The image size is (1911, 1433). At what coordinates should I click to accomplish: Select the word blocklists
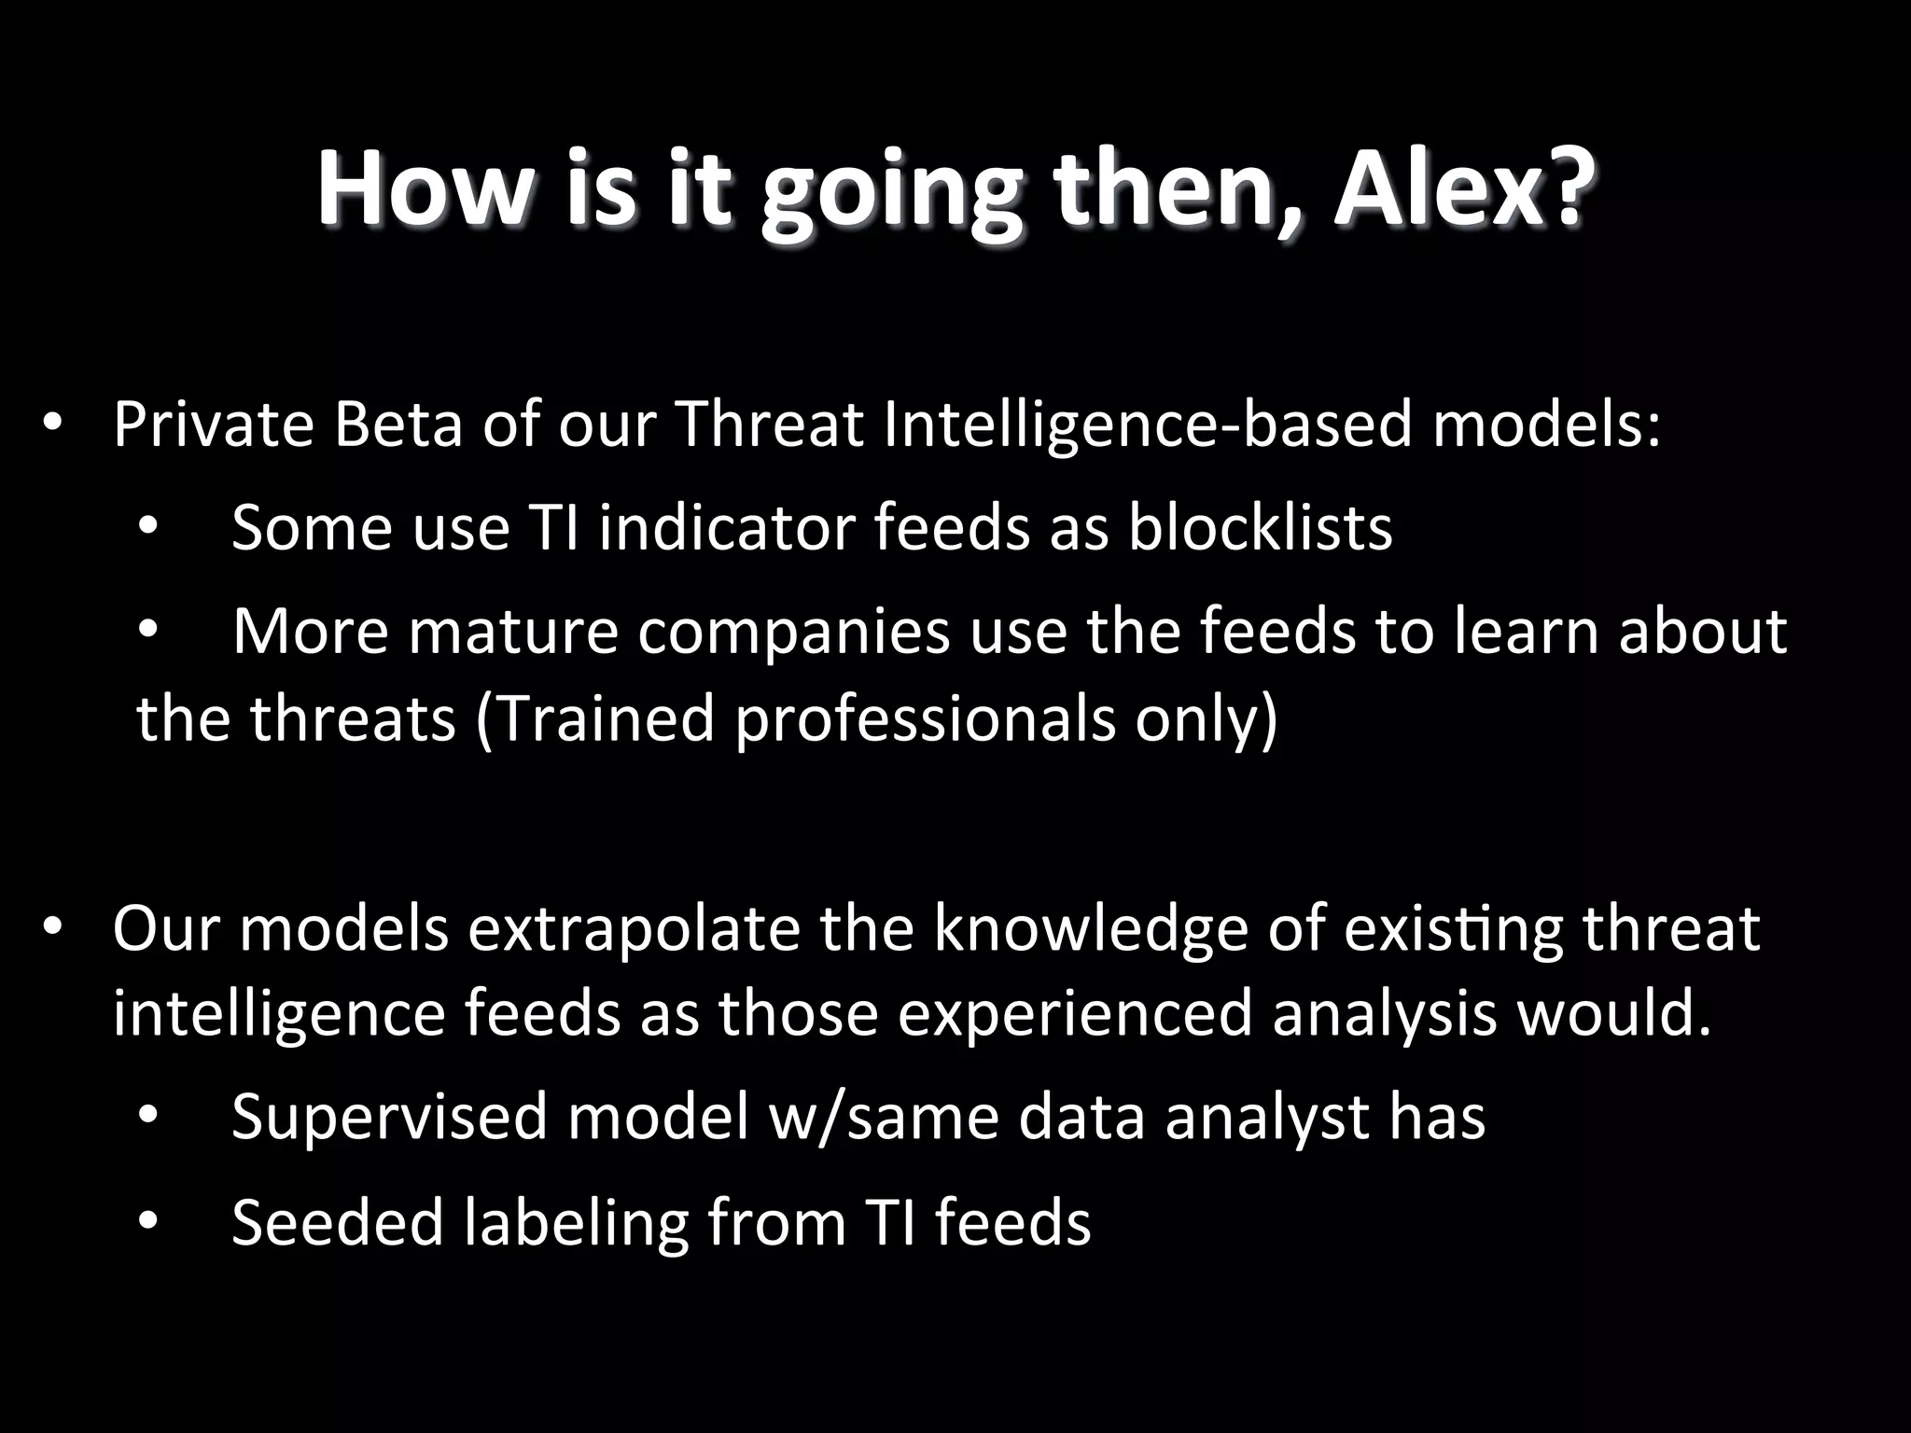click(1260, 527)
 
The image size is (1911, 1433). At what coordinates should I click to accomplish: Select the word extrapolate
click(634, 930)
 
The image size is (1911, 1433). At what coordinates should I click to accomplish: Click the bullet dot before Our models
click(52, 928)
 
